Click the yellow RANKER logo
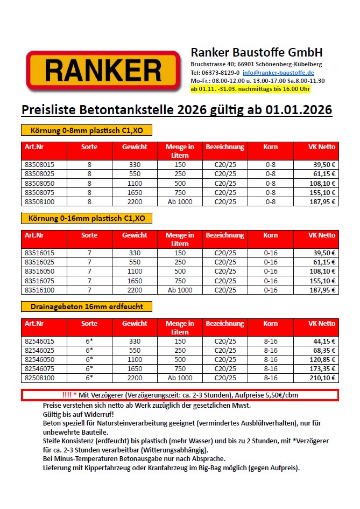[103, 71]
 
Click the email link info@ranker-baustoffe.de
[278, 73]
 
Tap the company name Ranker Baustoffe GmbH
[257, 53]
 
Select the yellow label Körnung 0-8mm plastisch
[86, 130]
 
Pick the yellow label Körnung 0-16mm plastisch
[86, 218]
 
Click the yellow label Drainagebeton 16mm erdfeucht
[86, 306]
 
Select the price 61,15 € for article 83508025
[325, 174]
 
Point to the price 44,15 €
[325, 341]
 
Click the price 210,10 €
[323, 378]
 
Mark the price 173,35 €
[323, 369]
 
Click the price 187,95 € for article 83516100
[323, 290]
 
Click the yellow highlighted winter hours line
[250, 88]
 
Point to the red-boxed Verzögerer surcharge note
[180, 395]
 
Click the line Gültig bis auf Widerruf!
[79, 415]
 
